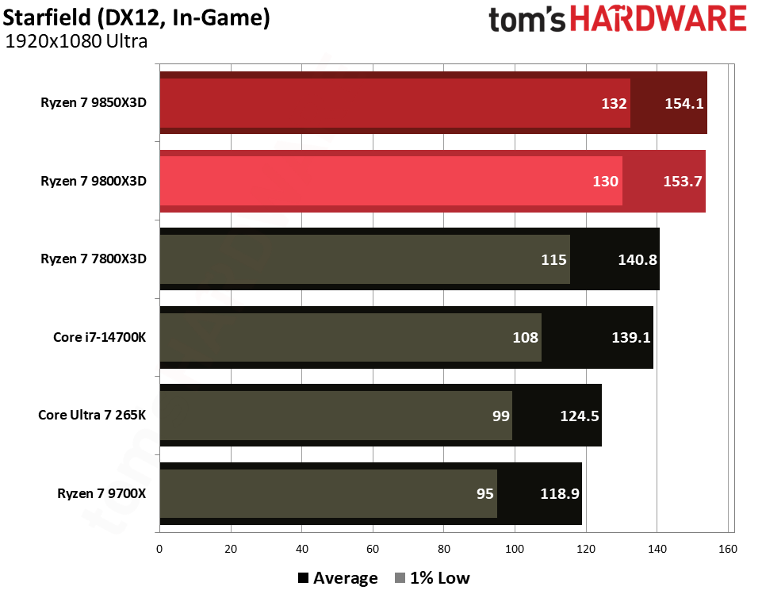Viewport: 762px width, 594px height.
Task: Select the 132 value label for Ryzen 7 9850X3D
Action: click(614, 103)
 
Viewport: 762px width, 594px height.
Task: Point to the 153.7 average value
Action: click(682, 182)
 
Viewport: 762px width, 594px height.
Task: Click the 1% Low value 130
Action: click(606, 182)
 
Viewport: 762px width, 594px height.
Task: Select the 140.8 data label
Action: click(637, 259)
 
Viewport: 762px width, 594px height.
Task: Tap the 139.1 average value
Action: click(631, 337)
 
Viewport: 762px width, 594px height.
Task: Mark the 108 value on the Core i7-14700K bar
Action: click(526, 337)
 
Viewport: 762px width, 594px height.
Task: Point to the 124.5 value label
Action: click(579, 415)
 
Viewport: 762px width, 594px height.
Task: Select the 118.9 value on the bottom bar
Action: click(560, 493)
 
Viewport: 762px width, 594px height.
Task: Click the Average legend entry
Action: click(338, 577)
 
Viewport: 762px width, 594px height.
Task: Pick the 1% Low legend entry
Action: click(432, 577)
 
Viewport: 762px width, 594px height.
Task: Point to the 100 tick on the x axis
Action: click(515, 548)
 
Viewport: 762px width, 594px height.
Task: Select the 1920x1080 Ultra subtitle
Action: click(77, 41)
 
